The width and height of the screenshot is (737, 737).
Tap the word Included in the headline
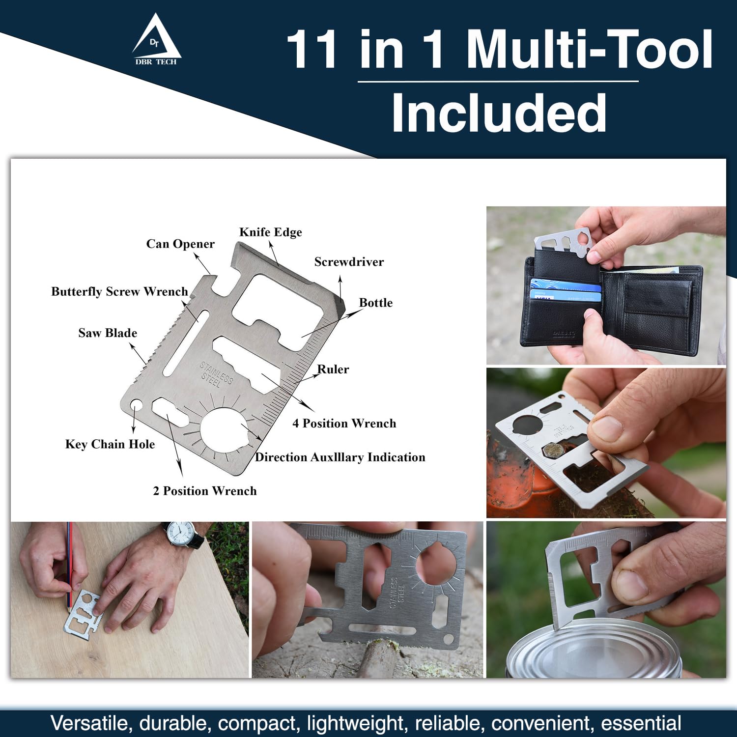click(499, 113)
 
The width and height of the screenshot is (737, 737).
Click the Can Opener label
click(180, 244)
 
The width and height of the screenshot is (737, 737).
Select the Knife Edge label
click(271, 232)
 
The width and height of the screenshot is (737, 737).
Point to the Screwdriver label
click(349, 262)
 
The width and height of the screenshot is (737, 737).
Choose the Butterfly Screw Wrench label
click(119, 291)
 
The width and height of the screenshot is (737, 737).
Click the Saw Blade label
click(108, 333)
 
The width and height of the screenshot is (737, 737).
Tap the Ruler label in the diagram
click(333, 369)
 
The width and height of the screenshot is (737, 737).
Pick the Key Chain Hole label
click(110, 444)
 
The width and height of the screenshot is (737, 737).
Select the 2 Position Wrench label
click(205, 491)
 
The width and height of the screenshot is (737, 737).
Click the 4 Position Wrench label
click(344, 424)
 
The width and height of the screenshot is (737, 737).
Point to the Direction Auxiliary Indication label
click(340, 457)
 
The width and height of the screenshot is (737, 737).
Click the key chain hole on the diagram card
click(136, 405)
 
